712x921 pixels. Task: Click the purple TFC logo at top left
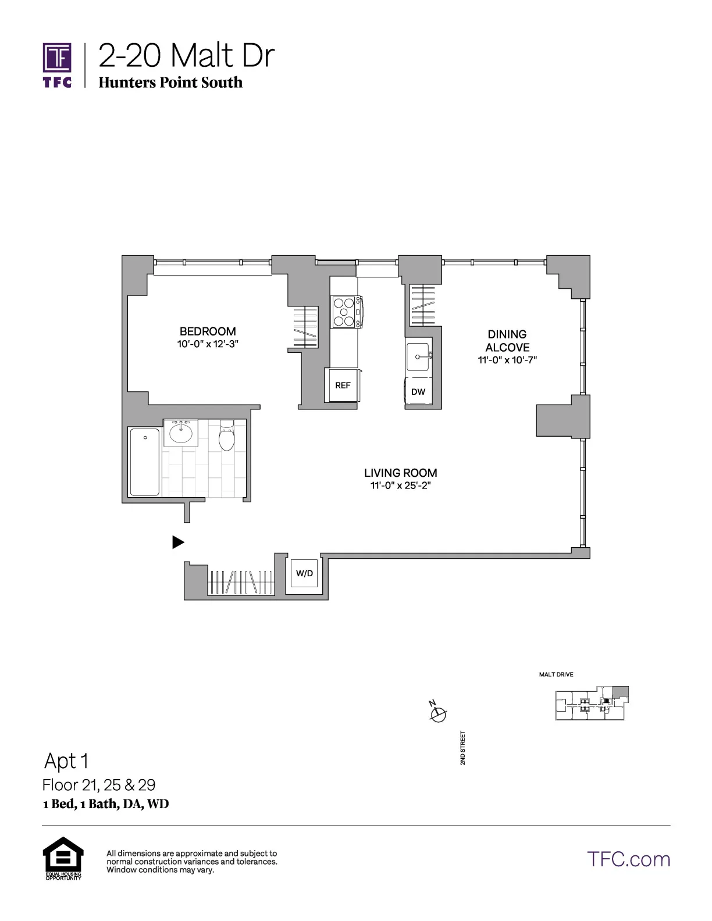point(57,64)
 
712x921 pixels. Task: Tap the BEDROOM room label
point(208,331)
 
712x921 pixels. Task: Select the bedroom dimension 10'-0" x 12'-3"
point(208,344)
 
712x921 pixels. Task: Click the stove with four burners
point(345,312)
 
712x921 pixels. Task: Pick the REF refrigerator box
point(343,385)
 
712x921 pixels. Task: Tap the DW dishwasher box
point(418,391)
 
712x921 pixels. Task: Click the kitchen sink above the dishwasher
point(418,356)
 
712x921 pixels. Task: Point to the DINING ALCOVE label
point(507,341)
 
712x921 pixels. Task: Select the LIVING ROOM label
point(400,473)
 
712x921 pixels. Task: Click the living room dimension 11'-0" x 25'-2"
point(400,486)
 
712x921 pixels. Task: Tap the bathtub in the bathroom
point(145,462)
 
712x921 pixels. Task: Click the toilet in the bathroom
point(227,436)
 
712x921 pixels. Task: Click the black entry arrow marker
point(178,542)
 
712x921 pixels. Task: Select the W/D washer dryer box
point(304,573)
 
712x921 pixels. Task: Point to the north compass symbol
point(437,713)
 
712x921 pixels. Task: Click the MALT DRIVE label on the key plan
point(556,674)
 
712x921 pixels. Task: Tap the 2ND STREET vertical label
point(463,748)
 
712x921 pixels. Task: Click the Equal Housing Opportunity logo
point(63,858)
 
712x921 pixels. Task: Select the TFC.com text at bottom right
point(628,859)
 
